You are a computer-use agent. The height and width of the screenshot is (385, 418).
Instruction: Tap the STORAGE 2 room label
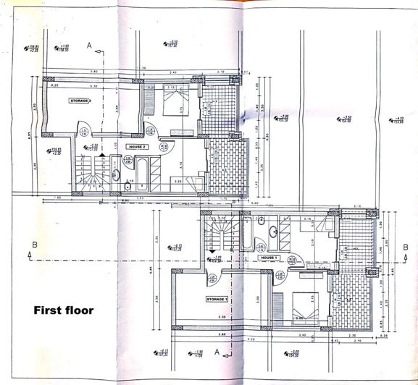(80, 101)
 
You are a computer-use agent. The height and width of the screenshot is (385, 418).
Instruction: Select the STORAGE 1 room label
(217, 298)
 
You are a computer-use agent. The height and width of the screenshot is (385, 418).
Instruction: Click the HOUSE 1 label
(270, 258)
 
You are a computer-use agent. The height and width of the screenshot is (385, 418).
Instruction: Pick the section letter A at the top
(88, 45)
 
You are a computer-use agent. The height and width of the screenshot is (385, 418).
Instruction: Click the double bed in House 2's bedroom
(174, 99)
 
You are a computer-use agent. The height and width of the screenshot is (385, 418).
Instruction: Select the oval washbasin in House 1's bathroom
(273, 232)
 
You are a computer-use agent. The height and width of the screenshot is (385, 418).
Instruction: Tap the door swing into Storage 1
(212, 276)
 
